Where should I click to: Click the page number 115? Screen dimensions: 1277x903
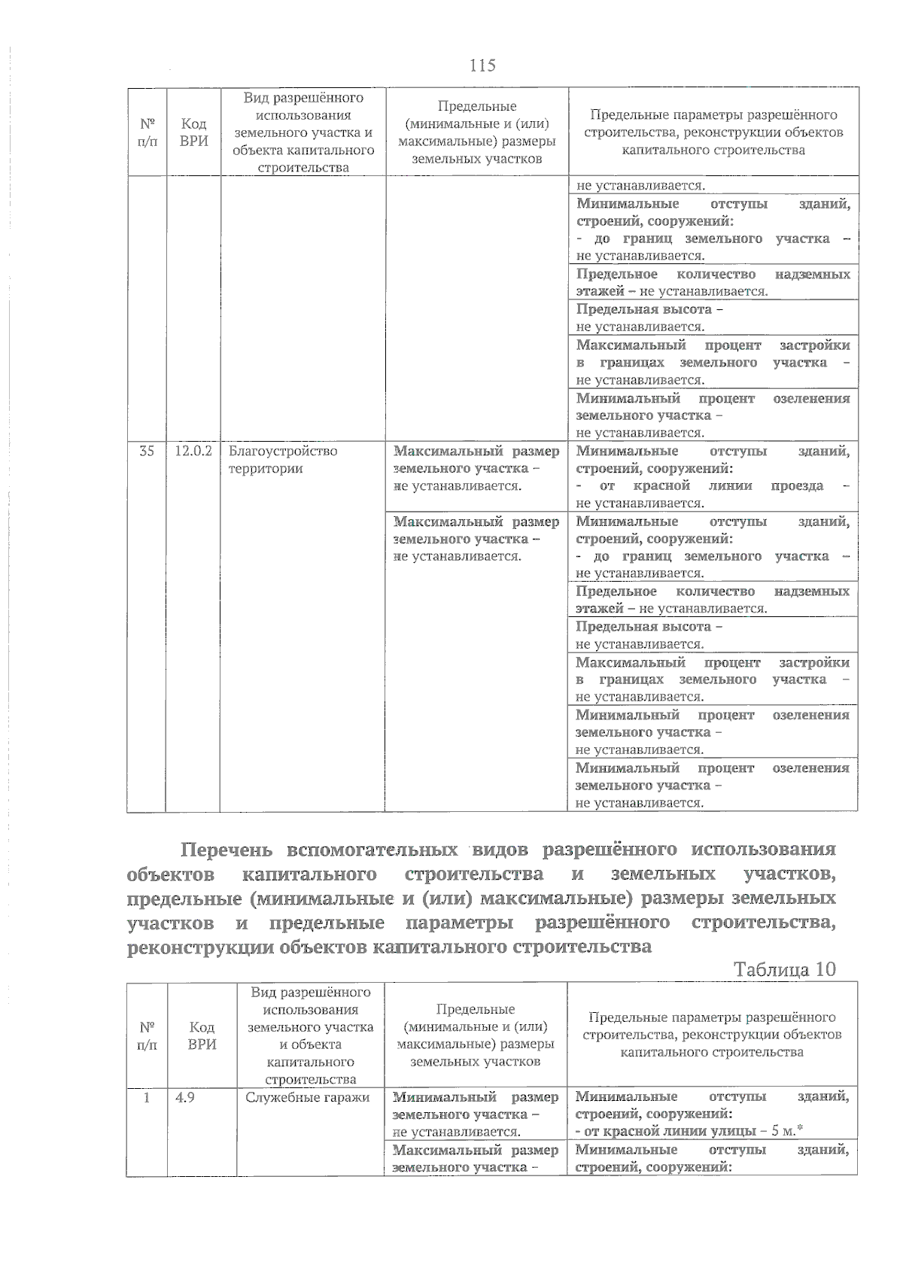[482, 65]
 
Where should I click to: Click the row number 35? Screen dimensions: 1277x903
[147, 451]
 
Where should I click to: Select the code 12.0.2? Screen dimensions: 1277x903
[193, 451]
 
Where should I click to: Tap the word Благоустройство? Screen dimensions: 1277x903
[283, 451]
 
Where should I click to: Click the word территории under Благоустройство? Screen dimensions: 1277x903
[255, 468]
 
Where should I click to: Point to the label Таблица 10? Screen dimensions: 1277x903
[785, 968]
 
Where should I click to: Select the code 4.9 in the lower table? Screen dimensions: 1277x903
[184, 1097]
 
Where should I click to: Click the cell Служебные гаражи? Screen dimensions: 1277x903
[308, 1097]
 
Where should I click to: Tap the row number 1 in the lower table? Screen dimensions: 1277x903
[147, 1097]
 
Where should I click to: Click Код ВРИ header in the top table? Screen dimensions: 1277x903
[194, 132]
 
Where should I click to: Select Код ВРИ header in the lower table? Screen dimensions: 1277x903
[202, 1035]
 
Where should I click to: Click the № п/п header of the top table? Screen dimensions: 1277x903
[147, 132]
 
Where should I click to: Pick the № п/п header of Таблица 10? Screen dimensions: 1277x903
[147, 1035]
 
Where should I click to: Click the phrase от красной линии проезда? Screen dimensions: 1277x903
[712, 486]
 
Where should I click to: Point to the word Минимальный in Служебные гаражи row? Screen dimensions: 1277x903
[444, 1097]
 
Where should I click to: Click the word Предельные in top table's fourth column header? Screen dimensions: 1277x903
[476, 107]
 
